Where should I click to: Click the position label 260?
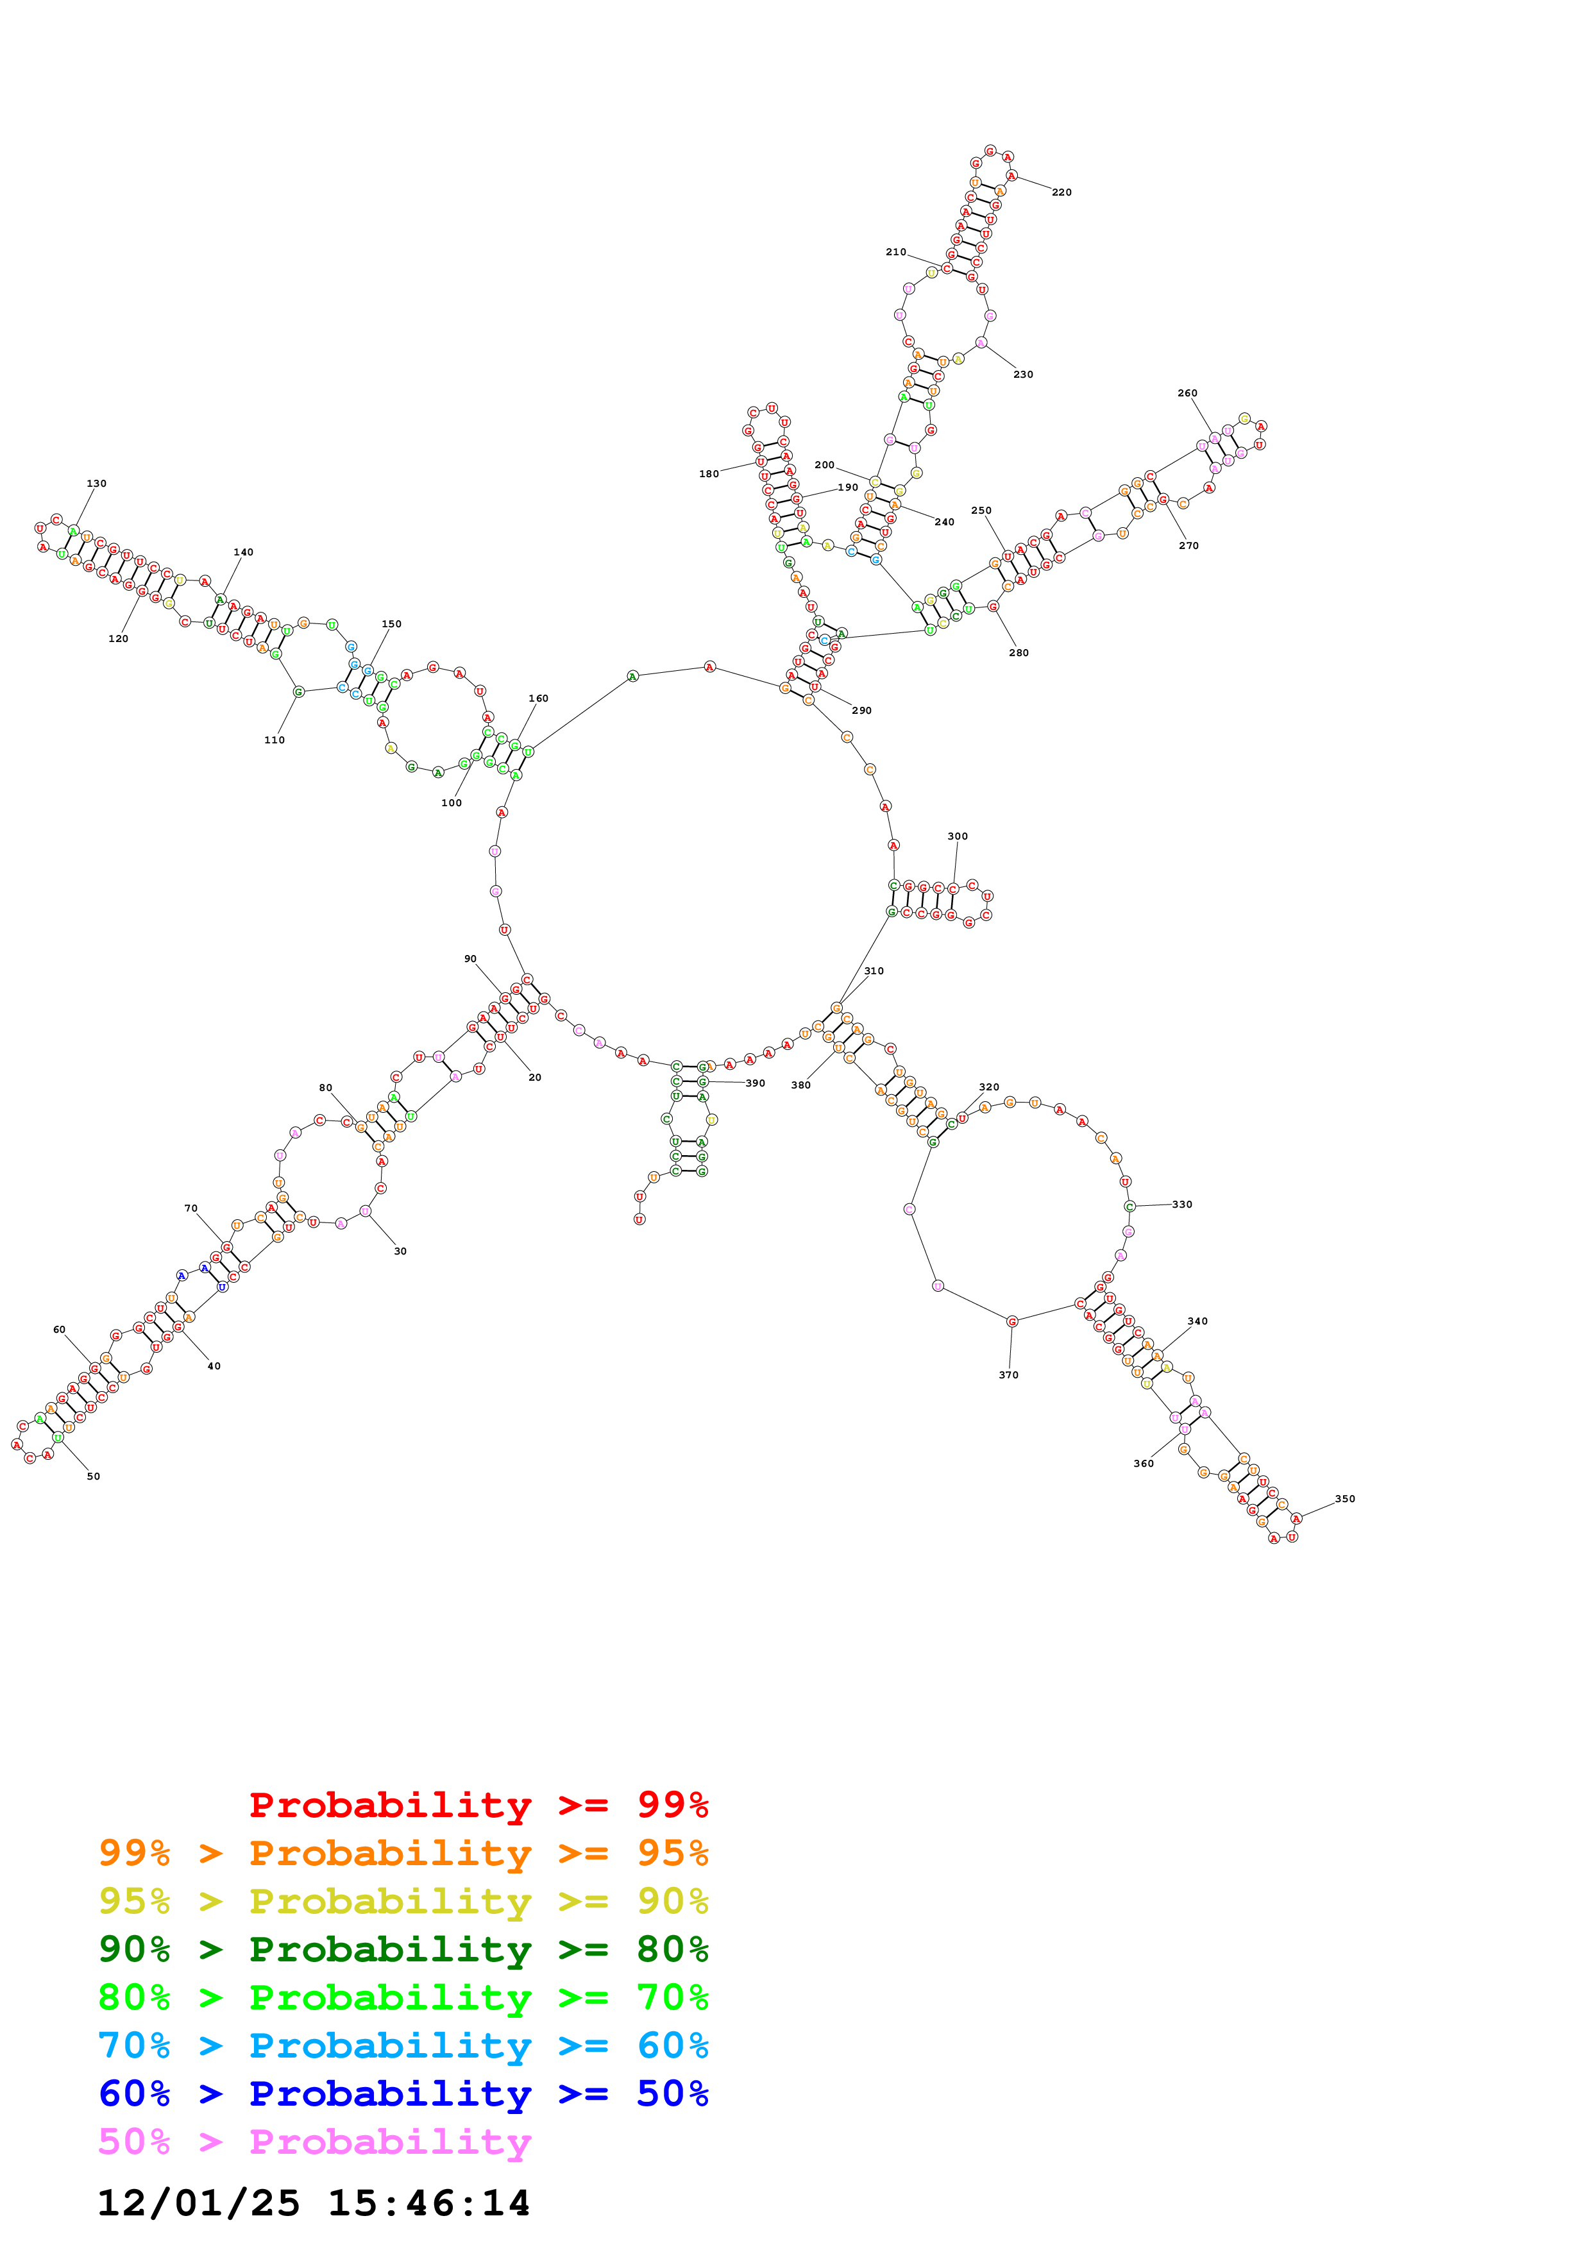pyautogui.click(x=1187, y=394)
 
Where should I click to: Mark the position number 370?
pyautogui.click(x=1008, y=1376)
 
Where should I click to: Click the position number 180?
pyautogui.click(x=708, y=474)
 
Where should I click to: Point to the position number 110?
pyautogui.click(x=275, y=741)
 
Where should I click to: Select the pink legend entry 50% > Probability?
pyautogui.click(x=314, y=2142)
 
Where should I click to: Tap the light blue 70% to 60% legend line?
pyautogui.click(x=403, y=2046)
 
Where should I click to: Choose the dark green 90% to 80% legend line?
pyautogui.click(x=403, y=1950)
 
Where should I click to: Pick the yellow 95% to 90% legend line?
pyautogui.click(x=403, y=1902)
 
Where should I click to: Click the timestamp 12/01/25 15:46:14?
pyautogui.click(x=314, y=2204)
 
